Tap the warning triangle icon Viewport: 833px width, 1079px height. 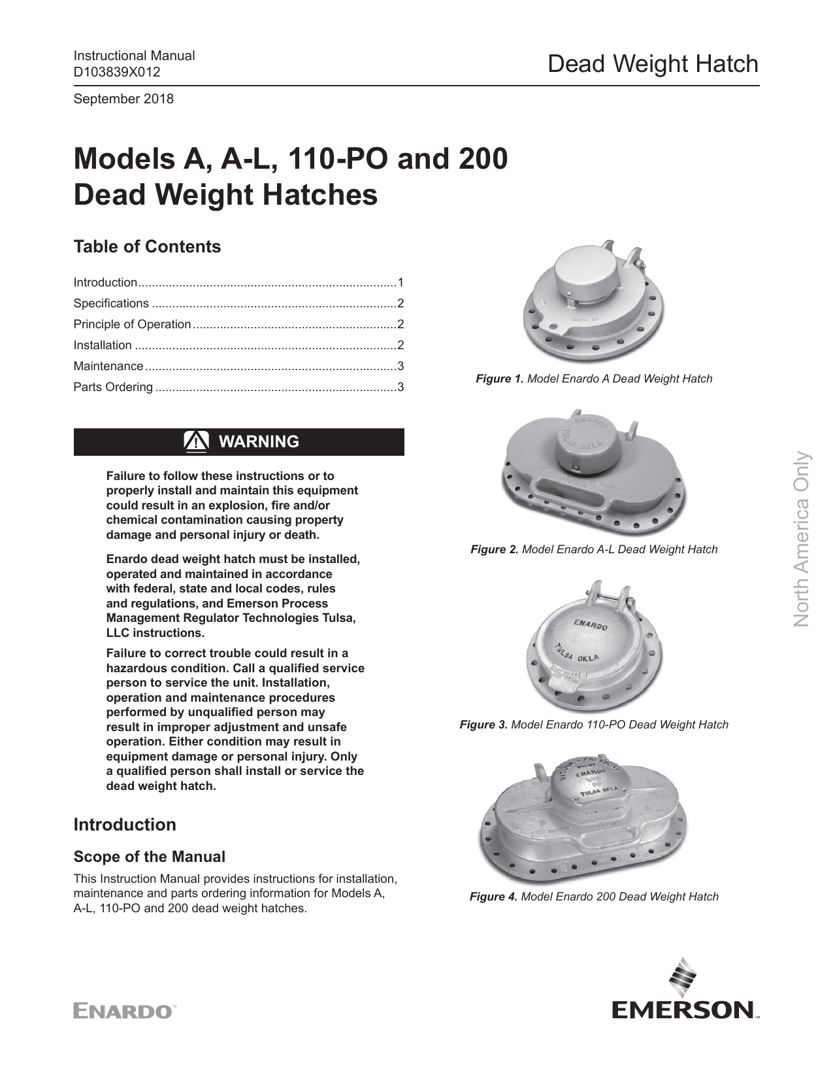196,442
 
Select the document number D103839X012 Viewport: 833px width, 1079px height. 117,72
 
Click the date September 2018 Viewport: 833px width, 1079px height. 123,99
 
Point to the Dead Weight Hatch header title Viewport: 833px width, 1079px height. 653,64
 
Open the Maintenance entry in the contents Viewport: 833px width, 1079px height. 108,366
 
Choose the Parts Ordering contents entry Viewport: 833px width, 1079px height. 113,387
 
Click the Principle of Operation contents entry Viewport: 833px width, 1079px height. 132,324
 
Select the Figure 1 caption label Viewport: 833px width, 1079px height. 500,379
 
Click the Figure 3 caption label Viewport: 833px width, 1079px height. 483,725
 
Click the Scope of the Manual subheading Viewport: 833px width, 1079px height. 150,857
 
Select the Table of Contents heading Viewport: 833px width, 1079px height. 147,247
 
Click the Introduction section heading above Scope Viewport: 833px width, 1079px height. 125,825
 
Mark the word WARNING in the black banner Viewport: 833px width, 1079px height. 259,442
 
